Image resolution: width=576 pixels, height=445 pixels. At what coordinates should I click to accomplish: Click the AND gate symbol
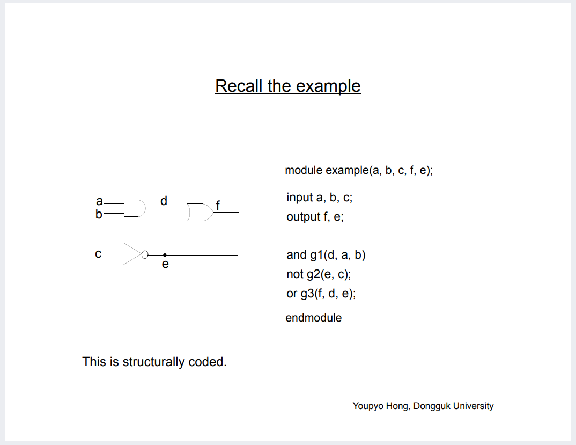point(134,208)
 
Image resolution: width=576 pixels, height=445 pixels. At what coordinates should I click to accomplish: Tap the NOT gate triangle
point(131,254)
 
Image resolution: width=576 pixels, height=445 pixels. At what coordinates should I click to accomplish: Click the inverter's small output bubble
point(144,255)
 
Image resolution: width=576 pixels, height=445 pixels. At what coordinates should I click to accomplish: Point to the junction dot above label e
point(165,255)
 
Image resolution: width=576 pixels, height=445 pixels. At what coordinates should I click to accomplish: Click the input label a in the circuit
point(99,201)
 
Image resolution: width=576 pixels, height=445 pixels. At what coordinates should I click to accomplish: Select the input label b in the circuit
point(99,215)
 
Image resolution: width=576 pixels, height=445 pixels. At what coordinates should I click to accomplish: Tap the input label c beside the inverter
point(98,254)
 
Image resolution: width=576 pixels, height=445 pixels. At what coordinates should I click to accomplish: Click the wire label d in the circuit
point(164,201)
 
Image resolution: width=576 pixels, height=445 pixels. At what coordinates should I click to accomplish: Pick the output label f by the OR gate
point(218,205)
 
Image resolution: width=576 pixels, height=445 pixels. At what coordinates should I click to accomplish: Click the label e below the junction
point(165,264)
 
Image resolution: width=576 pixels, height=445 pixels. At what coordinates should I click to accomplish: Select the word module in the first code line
point(304,171)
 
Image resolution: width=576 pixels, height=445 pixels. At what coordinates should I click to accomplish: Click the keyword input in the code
point(300,198)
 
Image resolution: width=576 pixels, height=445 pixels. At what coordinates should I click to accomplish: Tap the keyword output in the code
point(304,217)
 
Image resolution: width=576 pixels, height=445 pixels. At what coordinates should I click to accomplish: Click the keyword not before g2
point(295,274)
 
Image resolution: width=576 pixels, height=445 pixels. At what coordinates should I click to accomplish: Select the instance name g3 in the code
point(308,294)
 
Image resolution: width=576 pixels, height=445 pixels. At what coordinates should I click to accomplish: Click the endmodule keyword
point(313,318)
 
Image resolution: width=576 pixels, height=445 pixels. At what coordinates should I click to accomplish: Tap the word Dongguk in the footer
point(432,406)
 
